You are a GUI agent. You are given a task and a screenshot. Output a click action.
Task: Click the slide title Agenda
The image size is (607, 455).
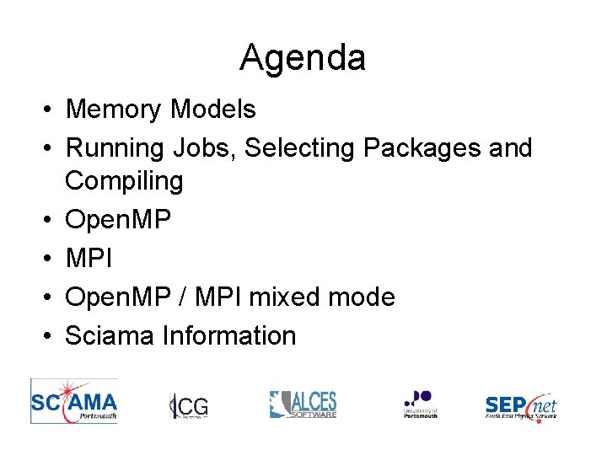(303, 58)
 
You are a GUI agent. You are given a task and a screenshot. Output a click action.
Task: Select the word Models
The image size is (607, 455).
(213, 110)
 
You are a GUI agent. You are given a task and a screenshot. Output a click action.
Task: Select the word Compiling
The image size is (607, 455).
(124, 180)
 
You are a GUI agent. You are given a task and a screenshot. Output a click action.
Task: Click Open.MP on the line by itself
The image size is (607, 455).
(118, 220)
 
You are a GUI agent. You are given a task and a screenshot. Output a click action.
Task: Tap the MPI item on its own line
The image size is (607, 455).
(88, 258)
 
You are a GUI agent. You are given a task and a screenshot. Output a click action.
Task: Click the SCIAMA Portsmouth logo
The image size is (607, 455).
(74, 399)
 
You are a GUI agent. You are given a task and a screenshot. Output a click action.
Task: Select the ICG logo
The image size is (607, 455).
(189, 405)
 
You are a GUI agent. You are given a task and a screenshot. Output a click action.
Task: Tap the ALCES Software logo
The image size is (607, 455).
(303, 404)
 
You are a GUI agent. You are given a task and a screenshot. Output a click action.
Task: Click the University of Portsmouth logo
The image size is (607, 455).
(420, 404)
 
